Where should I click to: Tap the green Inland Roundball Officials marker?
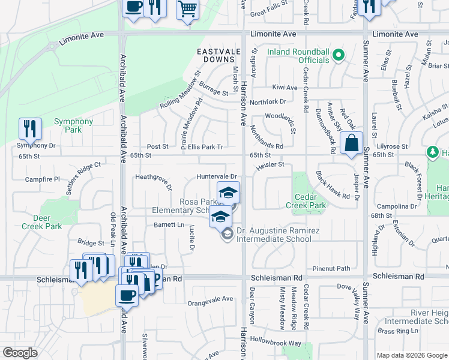pos(339,56)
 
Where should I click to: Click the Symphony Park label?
pos(73,125)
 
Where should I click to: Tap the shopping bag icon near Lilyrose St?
pos(351,143)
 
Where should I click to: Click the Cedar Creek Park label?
pos(310,201)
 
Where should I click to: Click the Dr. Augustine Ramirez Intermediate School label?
pos(274,235)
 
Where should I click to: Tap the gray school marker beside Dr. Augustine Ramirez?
pos(227,235)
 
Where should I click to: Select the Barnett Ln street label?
pos(169,225)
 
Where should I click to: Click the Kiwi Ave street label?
pos(285,88)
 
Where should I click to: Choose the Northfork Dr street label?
pos(268,101)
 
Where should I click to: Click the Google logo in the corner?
pos(20,352)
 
